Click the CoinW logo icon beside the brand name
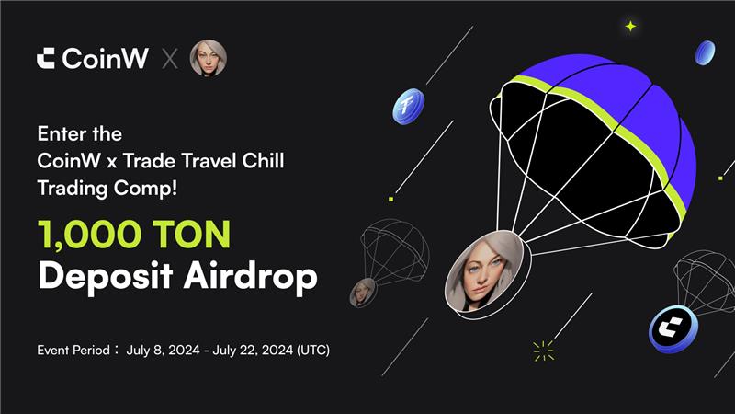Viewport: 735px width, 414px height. [x=46, y=58]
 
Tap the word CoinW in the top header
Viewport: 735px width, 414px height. [x=106, y=58]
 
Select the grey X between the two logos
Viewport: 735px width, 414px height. [x=170, y=59]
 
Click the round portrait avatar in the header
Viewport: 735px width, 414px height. [x=209, y=58]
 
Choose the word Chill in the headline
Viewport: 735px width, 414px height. [x=263, y=161]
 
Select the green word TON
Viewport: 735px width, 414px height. [x=191, y=235]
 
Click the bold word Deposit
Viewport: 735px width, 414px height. [x=106, y=277]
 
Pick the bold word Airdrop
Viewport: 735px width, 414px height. [x=250, y=277]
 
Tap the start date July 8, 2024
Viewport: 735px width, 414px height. [x=164, y=351]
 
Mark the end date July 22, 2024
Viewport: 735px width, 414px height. [x=254, y=351]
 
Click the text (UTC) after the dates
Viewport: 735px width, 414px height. [x=313, y=351]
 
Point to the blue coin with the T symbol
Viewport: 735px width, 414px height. [x=408, y=107]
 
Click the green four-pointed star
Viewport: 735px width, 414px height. [x=631, y=27]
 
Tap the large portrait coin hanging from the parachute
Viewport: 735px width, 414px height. [x=488, y=271]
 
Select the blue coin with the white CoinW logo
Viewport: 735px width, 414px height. [x=673, y=329]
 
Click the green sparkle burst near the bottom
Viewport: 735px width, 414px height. [x=543, y=351]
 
